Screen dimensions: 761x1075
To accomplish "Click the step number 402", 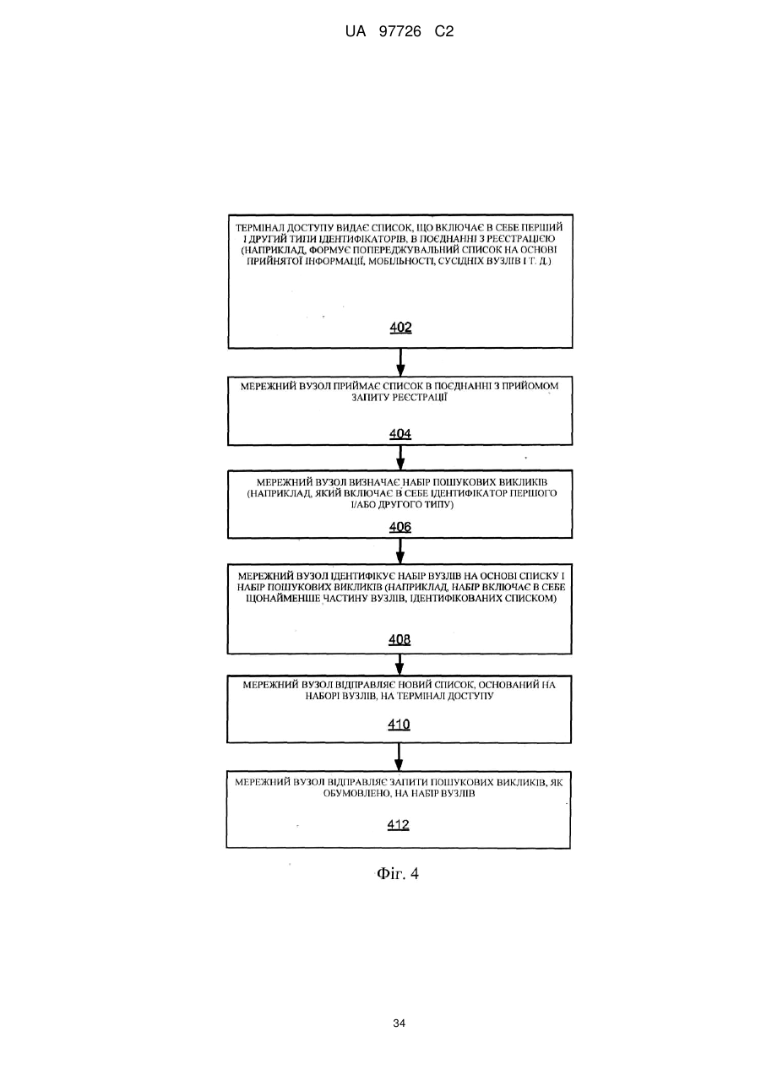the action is click(x=400, y=328).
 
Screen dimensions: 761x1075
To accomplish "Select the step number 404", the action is click(x=400, y=434).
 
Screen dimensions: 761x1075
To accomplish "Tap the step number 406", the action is click(x=400, y=527).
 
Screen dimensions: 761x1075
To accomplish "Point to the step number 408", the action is click(x=400, y=639).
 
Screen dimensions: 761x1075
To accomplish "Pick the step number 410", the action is click(x=399, y=725).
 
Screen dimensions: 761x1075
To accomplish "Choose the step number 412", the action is click(x=399, y=824).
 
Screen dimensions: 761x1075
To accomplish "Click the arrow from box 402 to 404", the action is click(x=400, y=362).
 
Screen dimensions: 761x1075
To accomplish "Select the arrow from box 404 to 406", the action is click(x=400, y=458).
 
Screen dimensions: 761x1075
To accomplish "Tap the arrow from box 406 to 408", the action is click(x=400, y=551).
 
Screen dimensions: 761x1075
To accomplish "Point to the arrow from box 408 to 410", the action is click(x=400, y=665).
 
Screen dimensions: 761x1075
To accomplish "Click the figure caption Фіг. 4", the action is click(x=398, y=873).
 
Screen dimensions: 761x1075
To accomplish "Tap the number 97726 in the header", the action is click(x=400, y=32).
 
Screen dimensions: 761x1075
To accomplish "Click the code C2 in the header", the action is click(x=444, y=32).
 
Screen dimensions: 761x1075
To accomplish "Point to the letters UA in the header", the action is click(x=356, y=32).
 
